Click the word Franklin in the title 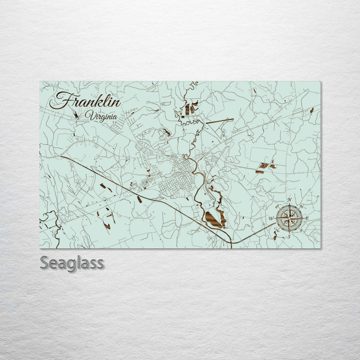click(85, 101)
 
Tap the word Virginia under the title click(101, 116)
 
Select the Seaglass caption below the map click(72, 262)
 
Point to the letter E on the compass click(307, 219)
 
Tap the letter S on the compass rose click(288, 237)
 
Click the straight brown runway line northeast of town click(219, 120)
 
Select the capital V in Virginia click(88, 116)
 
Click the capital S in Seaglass click(44, 262)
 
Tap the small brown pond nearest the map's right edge click(311, 110)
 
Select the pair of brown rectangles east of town click(266, 165)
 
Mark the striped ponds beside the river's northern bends click(189, 108)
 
